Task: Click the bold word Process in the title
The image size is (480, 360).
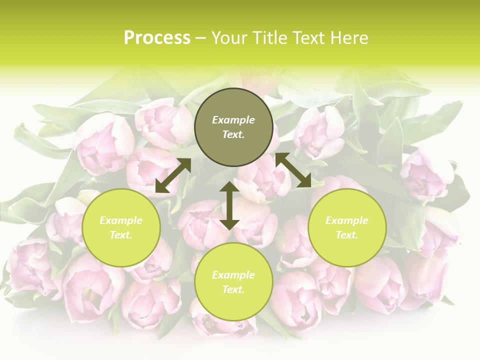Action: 157,38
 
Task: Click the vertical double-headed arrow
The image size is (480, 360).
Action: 229,205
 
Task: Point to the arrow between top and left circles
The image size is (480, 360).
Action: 173,175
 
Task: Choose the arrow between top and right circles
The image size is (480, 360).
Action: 293,170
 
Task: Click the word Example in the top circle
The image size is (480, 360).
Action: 233,120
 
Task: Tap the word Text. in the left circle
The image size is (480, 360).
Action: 121,235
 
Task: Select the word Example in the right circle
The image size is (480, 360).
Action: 347,220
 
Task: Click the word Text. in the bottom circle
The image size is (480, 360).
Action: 233,289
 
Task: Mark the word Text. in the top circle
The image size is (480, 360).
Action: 233,134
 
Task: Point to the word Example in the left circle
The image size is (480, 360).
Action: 121,220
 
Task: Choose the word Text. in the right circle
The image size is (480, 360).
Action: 347,235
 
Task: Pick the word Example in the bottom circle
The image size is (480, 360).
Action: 233,275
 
